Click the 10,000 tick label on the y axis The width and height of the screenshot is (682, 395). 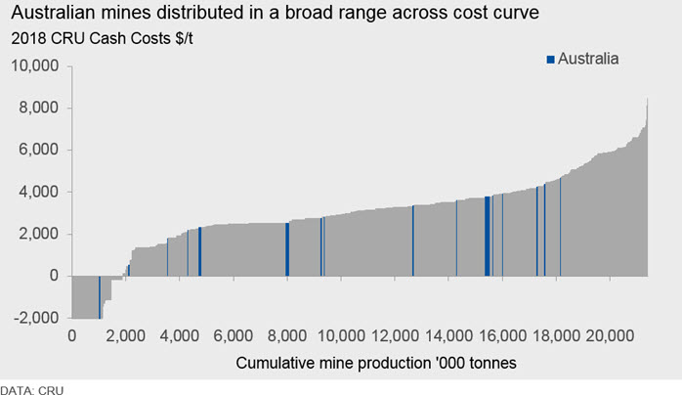click(34, 66)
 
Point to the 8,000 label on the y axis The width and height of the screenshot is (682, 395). click(38, 108)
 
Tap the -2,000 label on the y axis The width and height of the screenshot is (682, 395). click(36, 318)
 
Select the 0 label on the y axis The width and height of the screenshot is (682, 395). click(54, 276)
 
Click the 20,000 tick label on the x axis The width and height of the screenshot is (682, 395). click(610, 335)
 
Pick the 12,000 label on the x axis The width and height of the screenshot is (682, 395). click(395, 335)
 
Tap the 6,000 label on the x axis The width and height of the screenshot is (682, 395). click(234, 335)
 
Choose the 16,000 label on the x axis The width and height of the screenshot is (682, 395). click(502, 335)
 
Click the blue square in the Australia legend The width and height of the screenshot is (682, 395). click(551, 60)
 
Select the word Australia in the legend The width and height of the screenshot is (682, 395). click(588, 59)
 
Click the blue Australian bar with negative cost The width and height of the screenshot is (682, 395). click(100, 297)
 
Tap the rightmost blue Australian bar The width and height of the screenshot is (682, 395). click(560, 227)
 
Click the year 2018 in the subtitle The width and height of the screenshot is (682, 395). click(28, 38)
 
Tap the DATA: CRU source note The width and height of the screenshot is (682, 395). click(31, 390)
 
